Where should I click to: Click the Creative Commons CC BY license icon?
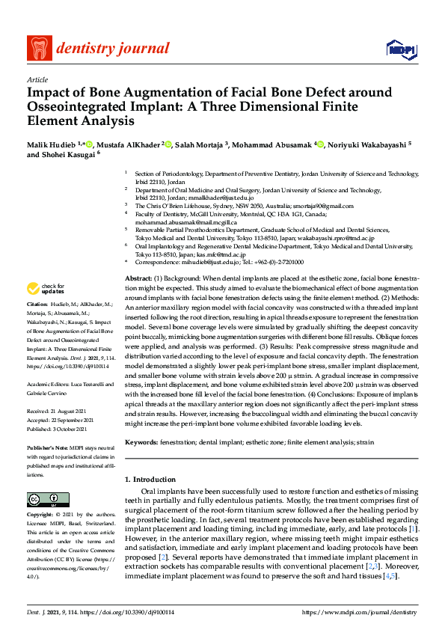(x=43, y=499)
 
